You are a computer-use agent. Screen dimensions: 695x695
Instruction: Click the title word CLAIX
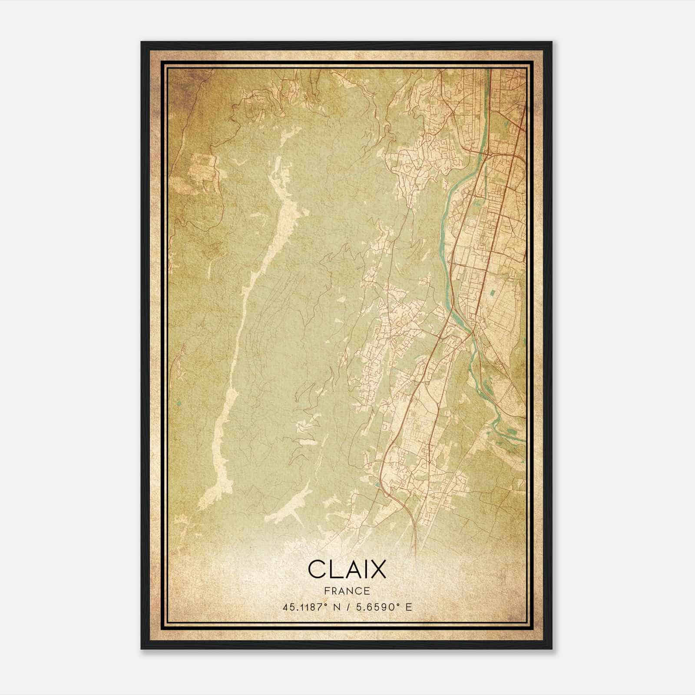point(347,569)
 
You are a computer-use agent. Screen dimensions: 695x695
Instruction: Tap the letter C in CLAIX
point(316,569)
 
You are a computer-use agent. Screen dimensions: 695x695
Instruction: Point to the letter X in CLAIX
point(378,569)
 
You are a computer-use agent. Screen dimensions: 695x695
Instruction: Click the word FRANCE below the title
point(347,591)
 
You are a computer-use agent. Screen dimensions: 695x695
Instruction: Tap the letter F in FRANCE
point(327,591)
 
